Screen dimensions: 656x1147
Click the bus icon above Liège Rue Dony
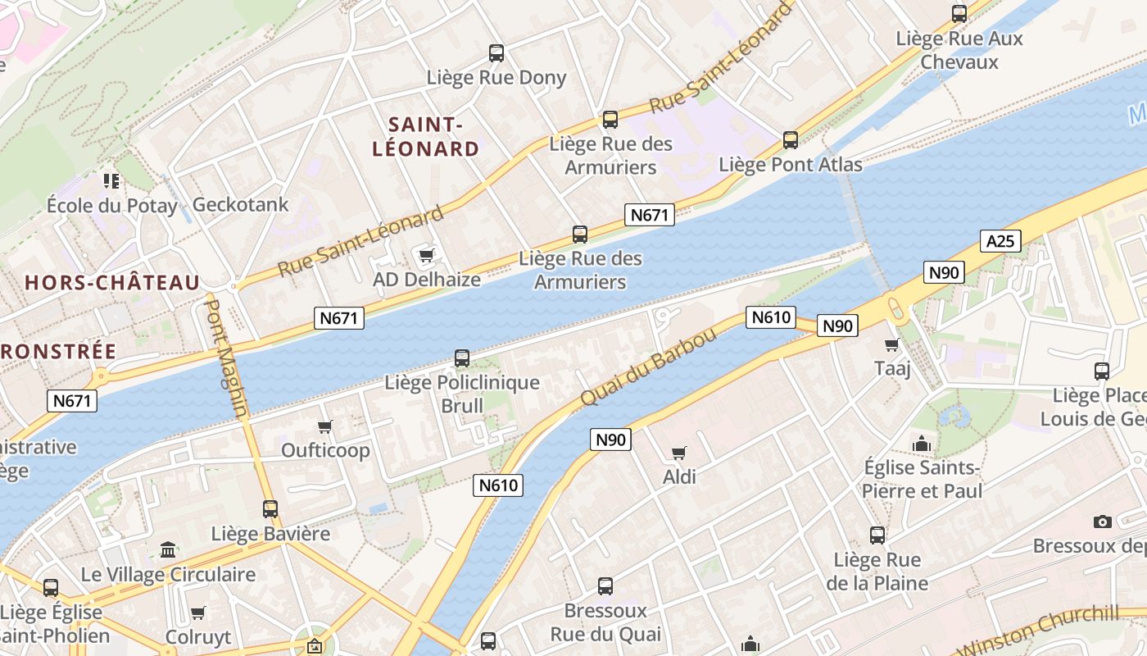(x=496, y=53)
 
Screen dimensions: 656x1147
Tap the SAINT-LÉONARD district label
(x=425, y=137)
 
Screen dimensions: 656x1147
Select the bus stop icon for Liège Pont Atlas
(x=790, y=140)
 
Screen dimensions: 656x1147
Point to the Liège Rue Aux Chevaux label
(x=959, y=50)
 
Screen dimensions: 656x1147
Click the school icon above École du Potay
(x=111, y=180)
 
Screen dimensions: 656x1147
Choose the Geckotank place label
(x=240, y=204)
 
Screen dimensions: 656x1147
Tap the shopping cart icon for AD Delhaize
(x=426, y=256)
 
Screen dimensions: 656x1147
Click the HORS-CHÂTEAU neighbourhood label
(x=112, y=283)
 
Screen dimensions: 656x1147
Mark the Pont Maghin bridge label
(x=225, y=358)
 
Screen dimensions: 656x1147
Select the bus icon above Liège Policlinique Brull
(x=462, y=358)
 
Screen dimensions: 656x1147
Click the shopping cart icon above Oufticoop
(x=325, y=426)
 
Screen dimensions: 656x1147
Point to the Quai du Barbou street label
(x=648, y=367)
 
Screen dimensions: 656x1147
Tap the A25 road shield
(x=1000, y=240)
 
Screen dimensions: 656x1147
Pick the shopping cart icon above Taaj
(x=892, y=345)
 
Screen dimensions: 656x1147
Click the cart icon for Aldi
(x=678, y=453)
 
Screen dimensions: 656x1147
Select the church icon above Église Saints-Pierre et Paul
(x=922, y=444)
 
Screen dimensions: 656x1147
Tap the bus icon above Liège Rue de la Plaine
(x=877, y=535)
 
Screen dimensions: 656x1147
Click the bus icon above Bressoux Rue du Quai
(x=605, y=586)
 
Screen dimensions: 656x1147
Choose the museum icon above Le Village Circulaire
(x=168, y=549)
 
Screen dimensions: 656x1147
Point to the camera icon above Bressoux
(x=1103, y=522)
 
